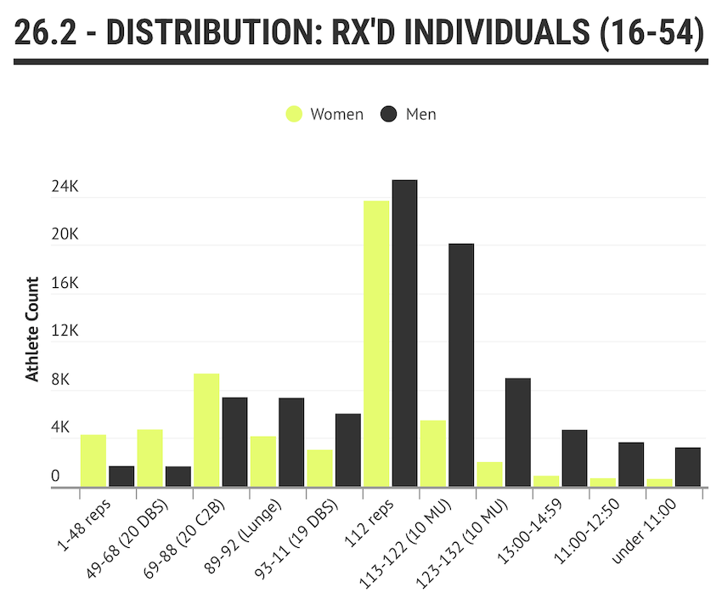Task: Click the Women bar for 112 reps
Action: coord(376,343)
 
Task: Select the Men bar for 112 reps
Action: coord(404,333)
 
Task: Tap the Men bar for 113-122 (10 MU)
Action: coord(461,365)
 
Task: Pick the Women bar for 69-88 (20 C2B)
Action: coord(206,430)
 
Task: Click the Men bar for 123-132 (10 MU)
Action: coord(517,432)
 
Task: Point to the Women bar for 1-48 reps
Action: coord(93,460)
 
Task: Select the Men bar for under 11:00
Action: coord(687,466)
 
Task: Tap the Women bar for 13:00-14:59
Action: coord(546,481)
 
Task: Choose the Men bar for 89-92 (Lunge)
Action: coord(291,442)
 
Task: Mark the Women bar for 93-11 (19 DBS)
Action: coord(320,468)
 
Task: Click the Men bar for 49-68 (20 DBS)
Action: coord(178,476)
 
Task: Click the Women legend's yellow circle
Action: coord(293,114)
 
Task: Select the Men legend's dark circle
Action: coord(389,114)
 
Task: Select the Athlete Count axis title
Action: coord(32,330)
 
